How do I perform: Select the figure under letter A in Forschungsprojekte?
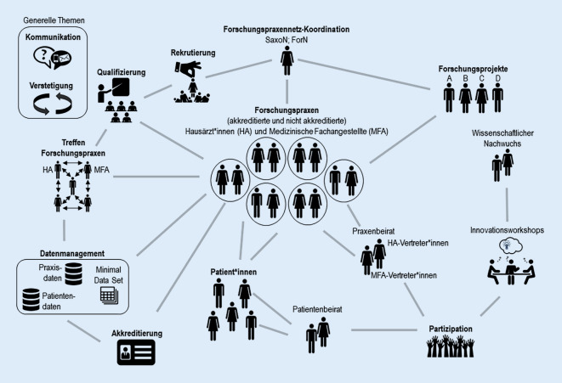[449, 98]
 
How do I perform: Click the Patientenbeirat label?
[318, 310]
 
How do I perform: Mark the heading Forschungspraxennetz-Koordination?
[287, 27]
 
